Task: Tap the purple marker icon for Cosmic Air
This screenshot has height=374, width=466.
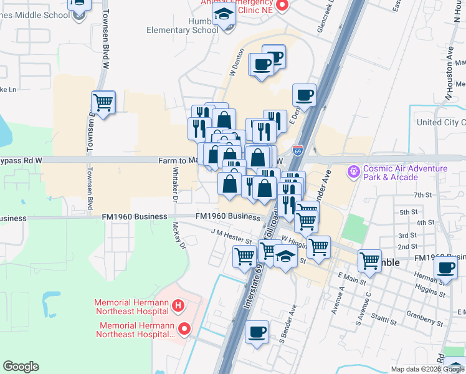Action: click(354, 170)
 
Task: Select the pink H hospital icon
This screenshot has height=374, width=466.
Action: click(178, 305)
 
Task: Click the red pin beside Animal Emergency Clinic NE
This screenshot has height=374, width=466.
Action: click(282, 6)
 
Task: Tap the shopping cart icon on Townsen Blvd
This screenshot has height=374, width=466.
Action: click(103, 102)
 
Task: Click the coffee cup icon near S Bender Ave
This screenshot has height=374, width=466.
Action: click(258, 332)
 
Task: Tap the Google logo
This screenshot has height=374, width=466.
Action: click(21, 367)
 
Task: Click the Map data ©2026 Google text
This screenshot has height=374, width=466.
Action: click(427, 369)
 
